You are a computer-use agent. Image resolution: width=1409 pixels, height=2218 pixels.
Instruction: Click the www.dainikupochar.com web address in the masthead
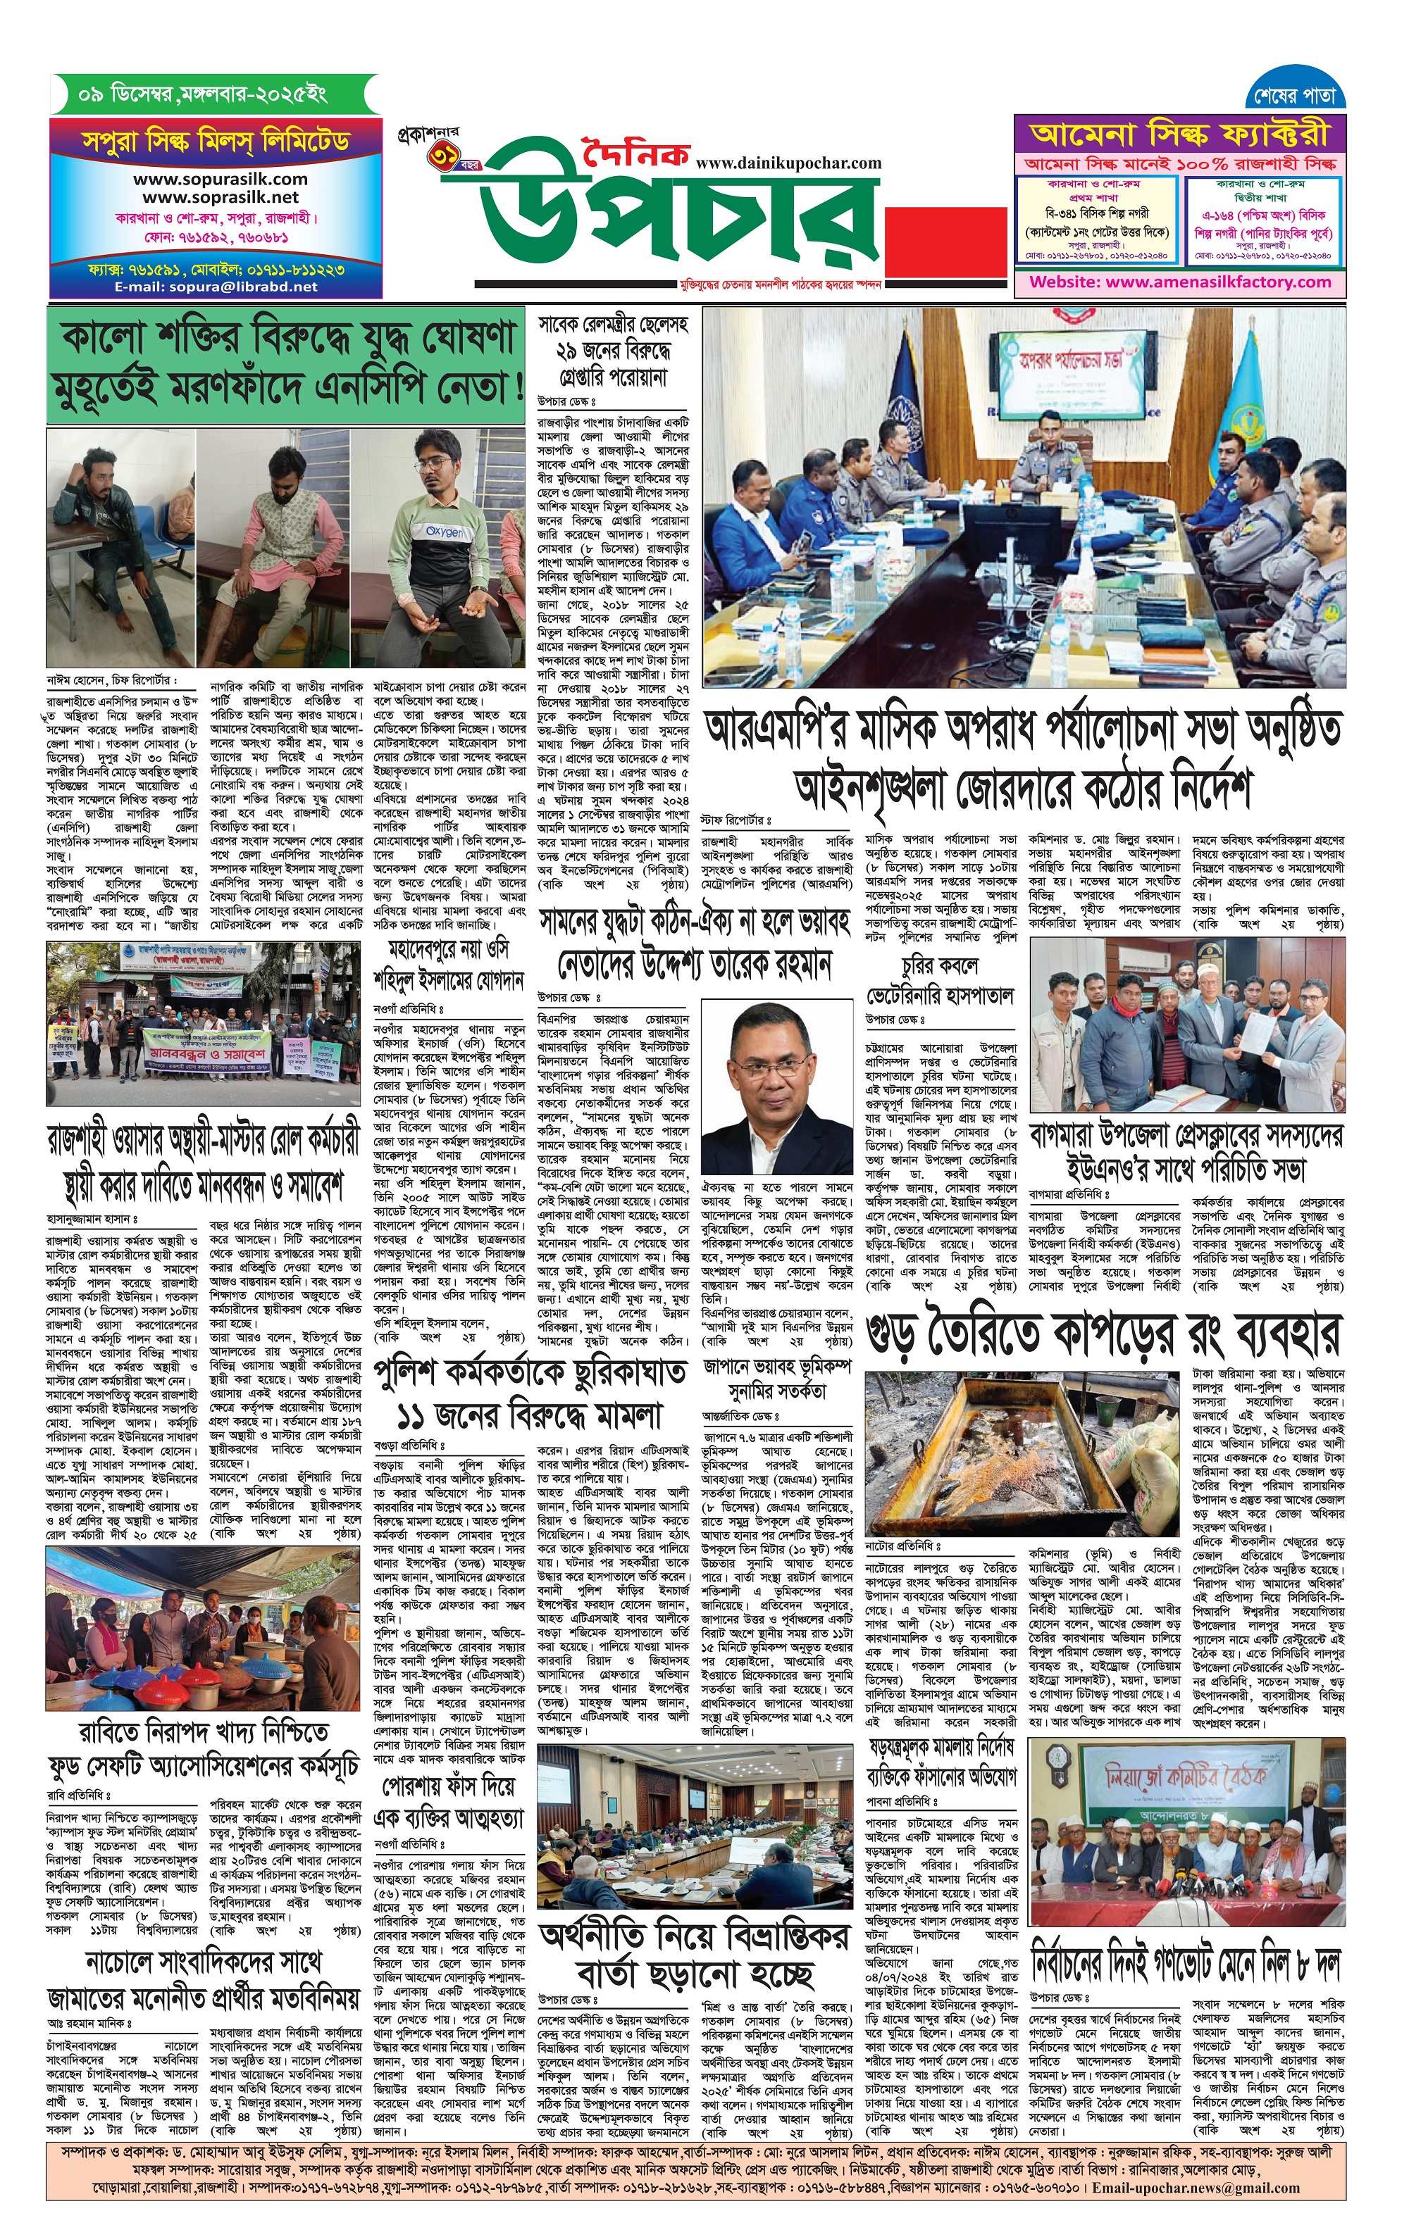(789, 163)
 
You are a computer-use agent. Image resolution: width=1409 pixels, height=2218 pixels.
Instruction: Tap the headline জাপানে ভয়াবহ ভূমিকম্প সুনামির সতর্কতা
(777, 1378)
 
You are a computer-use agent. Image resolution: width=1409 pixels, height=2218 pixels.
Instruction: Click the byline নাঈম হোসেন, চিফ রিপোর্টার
(111, 681)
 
